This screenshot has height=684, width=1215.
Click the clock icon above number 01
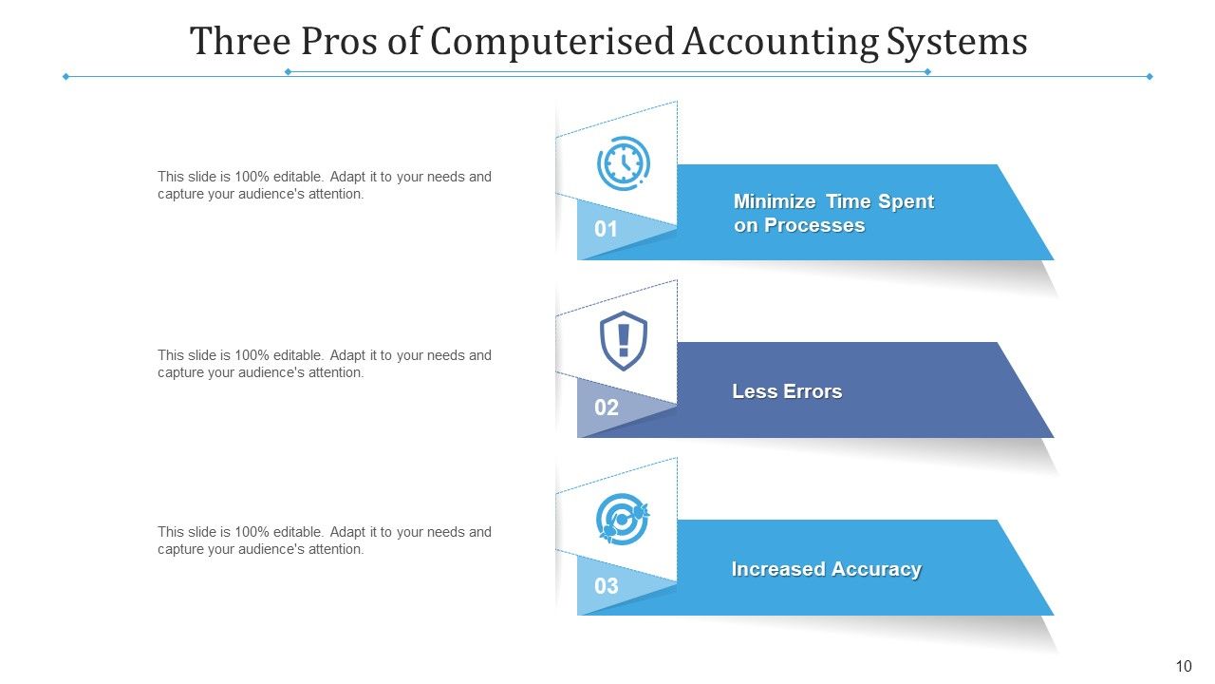(x=624, y=163)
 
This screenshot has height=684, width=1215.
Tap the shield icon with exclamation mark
(x=624, y=340)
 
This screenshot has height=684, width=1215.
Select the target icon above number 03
(x=623, y=519)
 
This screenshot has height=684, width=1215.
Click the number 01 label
(x=606, y=229)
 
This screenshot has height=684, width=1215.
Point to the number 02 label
(x=606, y=408)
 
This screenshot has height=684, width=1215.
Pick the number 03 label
(x=606, y=586)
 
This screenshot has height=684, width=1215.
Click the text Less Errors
(x=787, y=391)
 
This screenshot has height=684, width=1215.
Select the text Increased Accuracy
(x=826, y=569)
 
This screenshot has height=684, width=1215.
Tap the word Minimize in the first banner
(x=775, y=201)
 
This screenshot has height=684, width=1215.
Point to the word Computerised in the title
(x=551, y=42)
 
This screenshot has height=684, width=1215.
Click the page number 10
(x=1183, y=666)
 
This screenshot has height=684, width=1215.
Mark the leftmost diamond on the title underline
(x=65, y=76)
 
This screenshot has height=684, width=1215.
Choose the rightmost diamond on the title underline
(x=1150, y=76)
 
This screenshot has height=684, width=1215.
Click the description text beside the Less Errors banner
(x=325, y=364)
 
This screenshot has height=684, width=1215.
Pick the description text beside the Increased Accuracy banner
(x=325, y=541)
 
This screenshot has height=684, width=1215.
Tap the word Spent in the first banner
(x=906, y=201)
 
